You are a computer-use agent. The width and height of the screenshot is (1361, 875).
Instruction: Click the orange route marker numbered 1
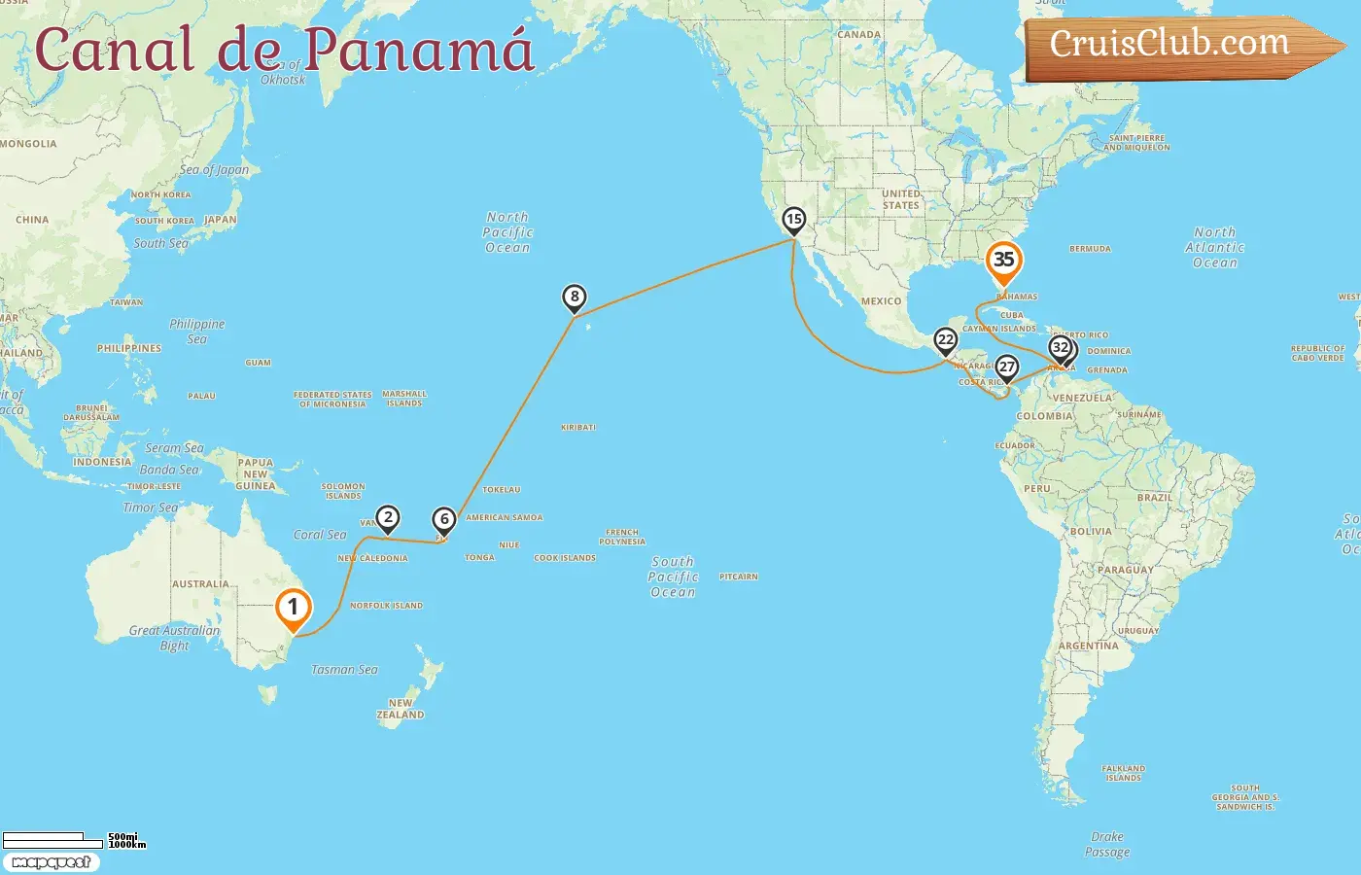click(x=293, y=608)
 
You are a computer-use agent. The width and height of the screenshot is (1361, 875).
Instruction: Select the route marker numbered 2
click(x=388, y=518)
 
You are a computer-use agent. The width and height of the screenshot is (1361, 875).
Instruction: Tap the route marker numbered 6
click(x=444, y=520)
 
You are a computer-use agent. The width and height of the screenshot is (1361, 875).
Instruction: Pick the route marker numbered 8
click(x=575, y=297)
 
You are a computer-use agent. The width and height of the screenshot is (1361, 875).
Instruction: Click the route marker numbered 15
click(x=794, y=220)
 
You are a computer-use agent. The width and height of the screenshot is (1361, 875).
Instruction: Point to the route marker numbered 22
click(x=945, y=340)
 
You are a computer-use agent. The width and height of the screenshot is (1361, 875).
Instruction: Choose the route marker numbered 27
click(x=1007, y=367)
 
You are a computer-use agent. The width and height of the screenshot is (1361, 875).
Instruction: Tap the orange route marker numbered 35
click(x=1003, y=261)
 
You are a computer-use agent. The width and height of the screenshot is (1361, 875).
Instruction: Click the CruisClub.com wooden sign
click(x=1176, y=46)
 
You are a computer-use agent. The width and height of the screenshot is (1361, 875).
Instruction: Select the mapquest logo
click(x=51, y=862)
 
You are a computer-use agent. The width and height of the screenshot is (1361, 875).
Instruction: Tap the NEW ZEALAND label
click(x=401, y=709)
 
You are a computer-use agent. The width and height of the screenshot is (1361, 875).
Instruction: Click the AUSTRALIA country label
click(x=200, y=584)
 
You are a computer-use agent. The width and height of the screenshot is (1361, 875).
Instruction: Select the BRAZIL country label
click(x=1154, y=498)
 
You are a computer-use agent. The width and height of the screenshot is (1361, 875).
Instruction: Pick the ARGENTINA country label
click(x=1088, y=646)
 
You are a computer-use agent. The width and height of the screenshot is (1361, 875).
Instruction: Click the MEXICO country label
click(x=881, y=301)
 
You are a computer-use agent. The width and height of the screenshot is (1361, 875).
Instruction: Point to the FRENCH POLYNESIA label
click(x=622, y=537)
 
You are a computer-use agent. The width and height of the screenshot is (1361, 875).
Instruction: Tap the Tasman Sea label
click(x=344, y=670)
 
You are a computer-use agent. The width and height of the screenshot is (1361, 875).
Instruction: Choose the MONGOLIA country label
click(x=29, y=144)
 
